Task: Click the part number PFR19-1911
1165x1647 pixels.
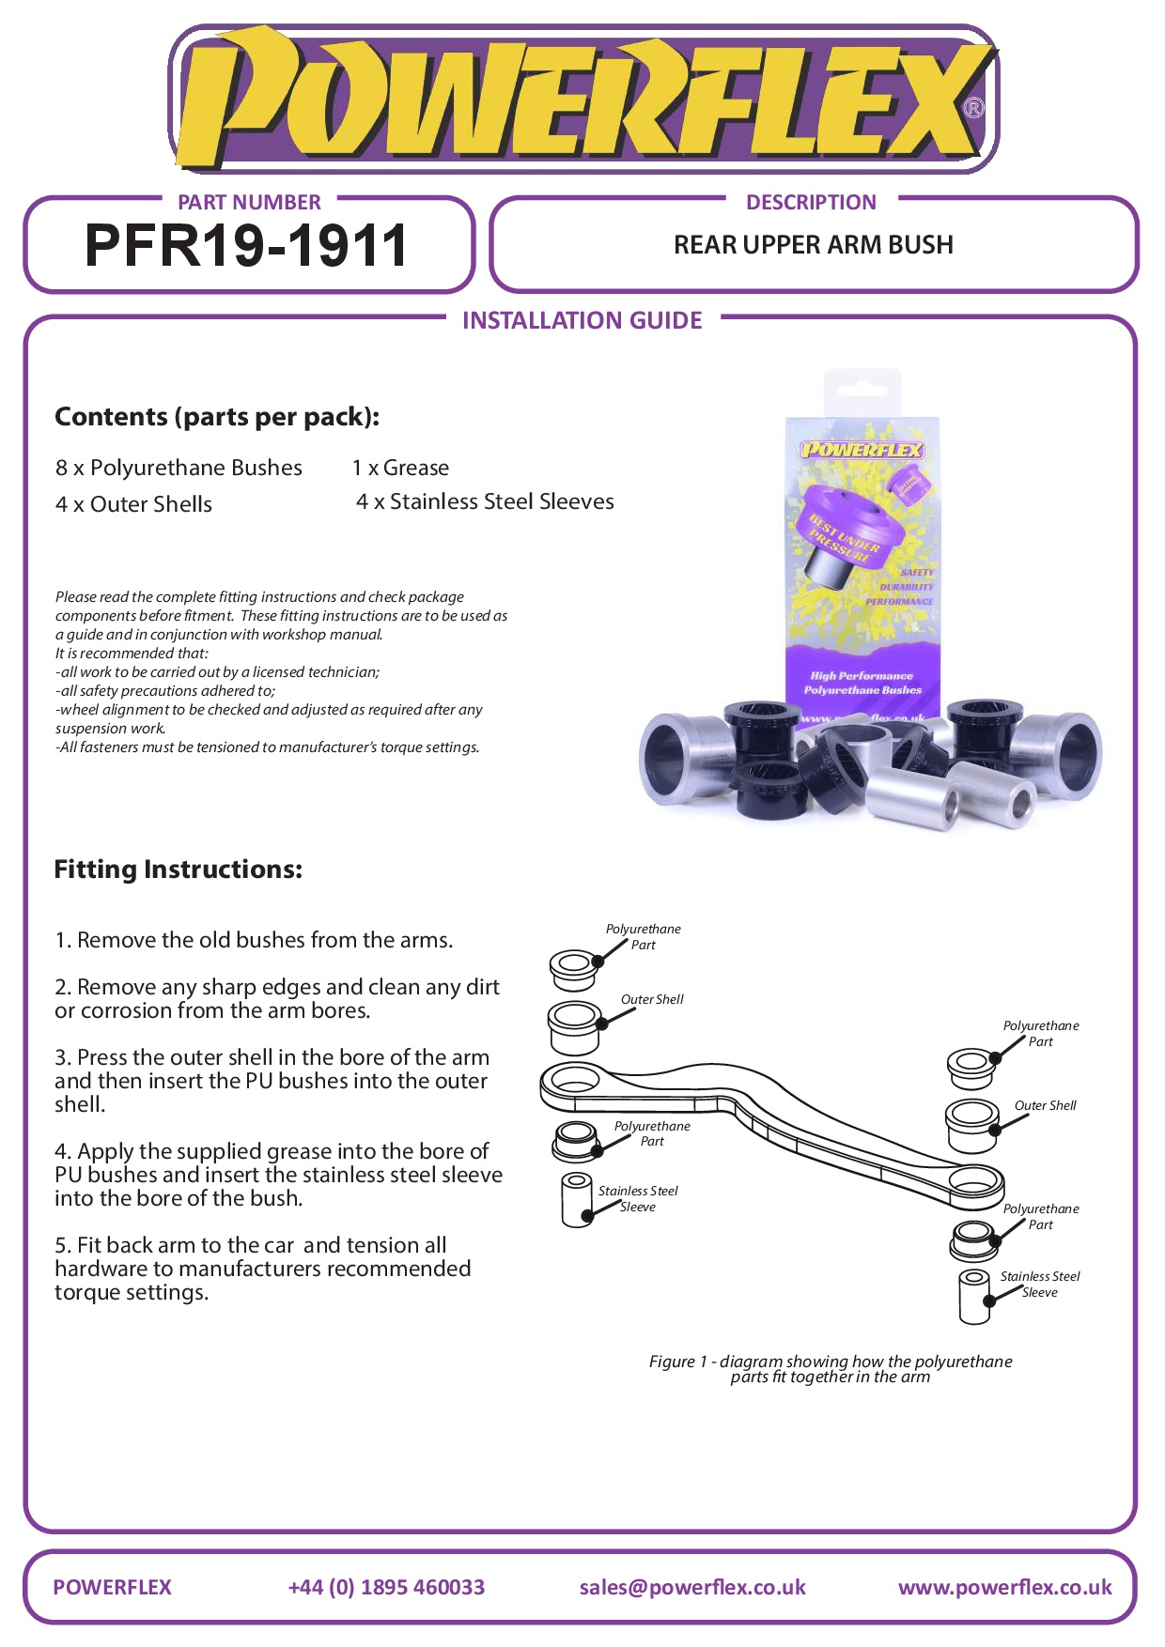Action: click(246, 246)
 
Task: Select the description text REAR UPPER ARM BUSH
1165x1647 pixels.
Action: click(813, 245)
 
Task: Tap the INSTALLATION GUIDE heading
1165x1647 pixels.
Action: click(582, 321)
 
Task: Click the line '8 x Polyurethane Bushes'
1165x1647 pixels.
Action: click(179, 468)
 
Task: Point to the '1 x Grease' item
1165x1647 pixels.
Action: click(400, 468)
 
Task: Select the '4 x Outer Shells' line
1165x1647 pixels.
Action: click(133, 504)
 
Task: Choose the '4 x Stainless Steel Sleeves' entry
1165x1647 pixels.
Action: click(485, 501)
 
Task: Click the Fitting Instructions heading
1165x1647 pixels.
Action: click(179, 870)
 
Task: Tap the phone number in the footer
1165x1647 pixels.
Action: click(386, 1587)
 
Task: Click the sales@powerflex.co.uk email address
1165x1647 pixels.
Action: click(692, 1587)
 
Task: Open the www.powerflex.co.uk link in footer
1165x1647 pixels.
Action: click(1004, 1587)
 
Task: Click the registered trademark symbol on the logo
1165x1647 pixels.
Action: click(974, 108)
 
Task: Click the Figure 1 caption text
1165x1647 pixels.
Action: click(831, 1369)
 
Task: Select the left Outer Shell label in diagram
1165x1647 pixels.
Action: click(652, 999)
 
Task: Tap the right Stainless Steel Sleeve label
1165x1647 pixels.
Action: click(1040, 1284)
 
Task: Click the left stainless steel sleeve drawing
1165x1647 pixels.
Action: click(576, 1199)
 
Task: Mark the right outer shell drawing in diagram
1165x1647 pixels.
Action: click(971, 1124)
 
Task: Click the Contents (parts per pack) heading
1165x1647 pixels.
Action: click(217, 417)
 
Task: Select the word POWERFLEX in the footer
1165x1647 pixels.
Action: click(113, 1587)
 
